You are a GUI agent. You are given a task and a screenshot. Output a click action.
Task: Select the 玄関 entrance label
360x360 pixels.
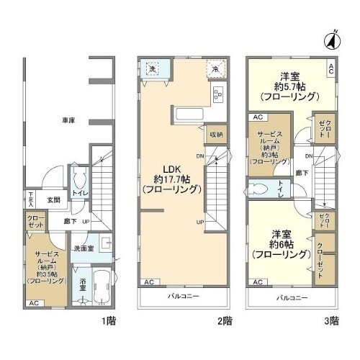[x=54, y=199]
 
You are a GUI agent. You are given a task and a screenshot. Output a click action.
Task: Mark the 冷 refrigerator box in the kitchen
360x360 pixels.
[x=215, y=69]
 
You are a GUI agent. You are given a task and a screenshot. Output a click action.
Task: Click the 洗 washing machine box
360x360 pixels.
[x=153, y=68]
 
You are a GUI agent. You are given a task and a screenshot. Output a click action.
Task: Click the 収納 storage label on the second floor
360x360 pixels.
[x=217, y=134]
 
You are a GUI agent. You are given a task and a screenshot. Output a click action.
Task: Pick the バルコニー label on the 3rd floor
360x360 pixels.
[x=292, y=297]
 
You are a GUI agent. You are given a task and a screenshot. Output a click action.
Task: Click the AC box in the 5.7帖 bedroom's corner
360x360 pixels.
[x=330, y=69]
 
